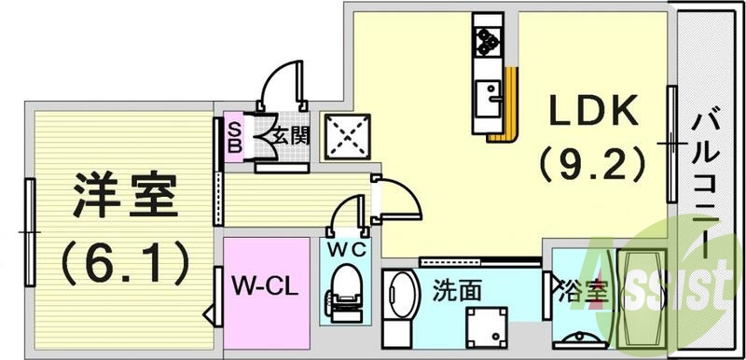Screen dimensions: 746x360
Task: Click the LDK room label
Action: click(x=591, y=114)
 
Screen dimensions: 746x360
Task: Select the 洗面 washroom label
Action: click(x=457, y=290)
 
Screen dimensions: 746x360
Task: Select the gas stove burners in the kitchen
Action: click(x=487, y=37)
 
